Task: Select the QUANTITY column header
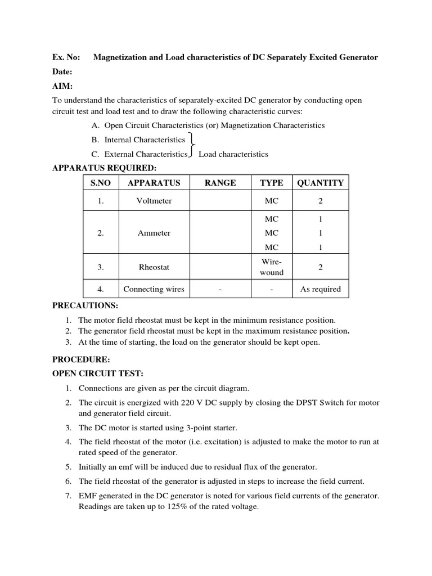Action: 320,183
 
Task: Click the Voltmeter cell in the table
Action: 154,201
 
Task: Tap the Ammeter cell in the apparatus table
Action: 154,233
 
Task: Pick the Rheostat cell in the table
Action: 154,268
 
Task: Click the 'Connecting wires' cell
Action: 154,289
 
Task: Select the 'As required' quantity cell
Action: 320,289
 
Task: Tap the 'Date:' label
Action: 62,72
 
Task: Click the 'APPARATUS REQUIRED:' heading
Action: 104,168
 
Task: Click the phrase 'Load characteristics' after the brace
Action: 233,154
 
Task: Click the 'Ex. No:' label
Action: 66,57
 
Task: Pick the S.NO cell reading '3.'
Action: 101,268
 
